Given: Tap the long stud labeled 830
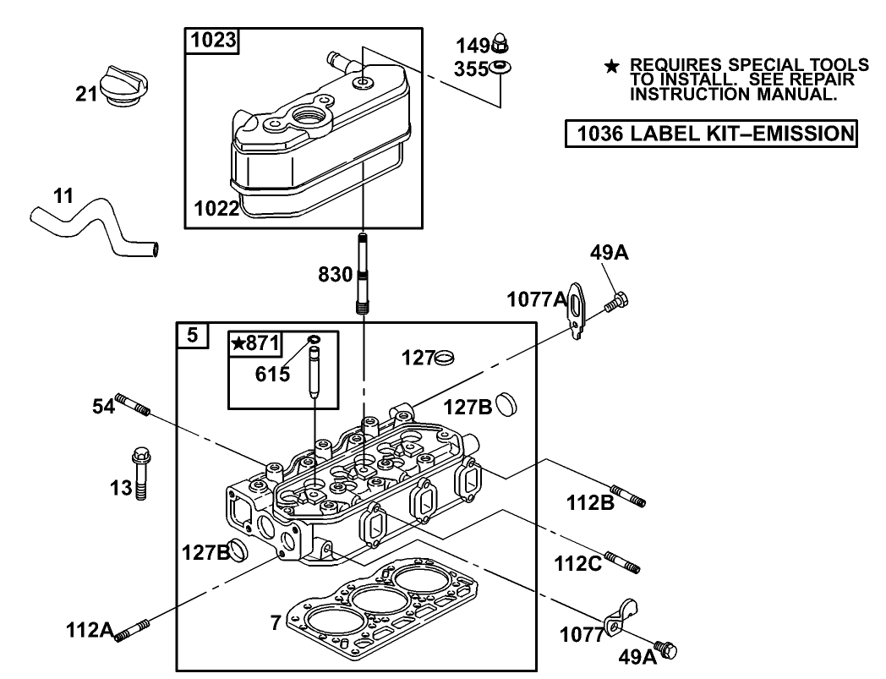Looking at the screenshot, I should pyautogui.click(x=362, y=272).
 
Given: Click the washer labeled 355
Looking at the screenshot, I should pyautogui.click(x=500, y=68).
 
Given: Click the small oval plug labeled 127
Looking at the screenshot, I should pyautogui.click(x=445, y=358).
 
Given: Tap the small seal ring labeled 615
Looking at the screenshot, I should pyautogui.click(x=314, y=341).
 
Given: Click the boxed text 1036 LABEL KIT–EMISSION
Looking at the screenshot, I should pyautogui.click(x=711, y=134).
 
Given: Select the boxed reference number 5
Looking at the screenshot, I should pyautogui.click(x=192, y=336).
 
